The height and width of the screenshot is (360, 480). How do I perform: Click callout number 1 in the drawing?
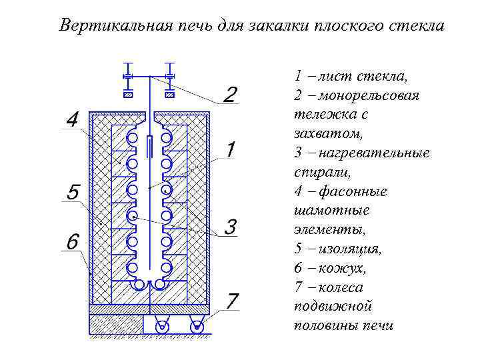(230, 149)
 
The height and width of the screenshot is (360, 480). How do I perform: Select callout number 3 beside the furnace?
(229, 227)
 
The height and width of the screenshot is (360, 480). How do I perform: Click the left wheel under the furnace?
(161, 326)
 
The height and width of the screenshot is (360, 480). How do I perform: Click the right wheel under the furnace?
(196, 326)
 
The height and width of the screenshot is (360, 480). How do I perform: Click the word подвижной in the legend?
(332, 307)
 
